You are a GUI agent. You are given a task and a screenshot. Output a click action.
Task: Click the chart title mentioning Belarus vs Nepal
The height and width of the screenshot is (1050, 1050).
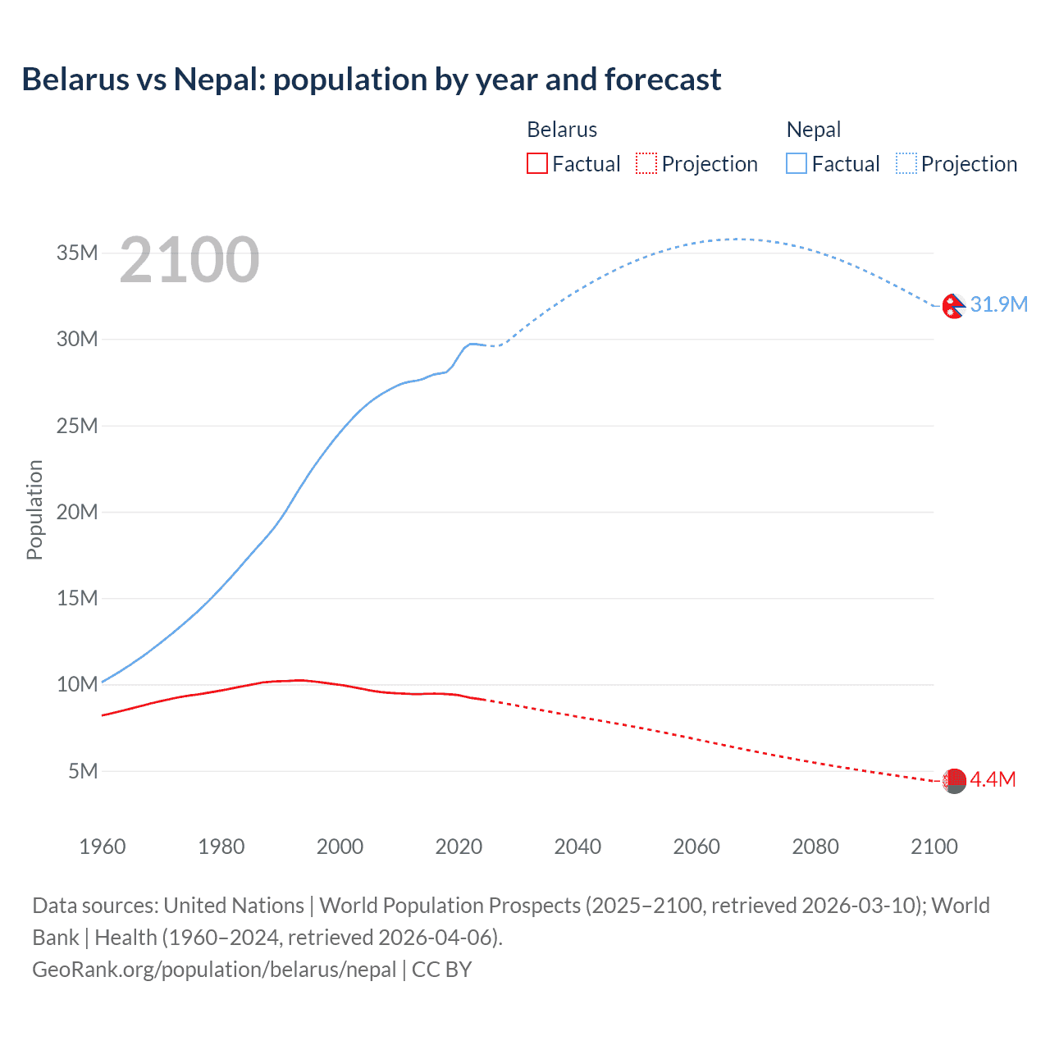tap(371, 80)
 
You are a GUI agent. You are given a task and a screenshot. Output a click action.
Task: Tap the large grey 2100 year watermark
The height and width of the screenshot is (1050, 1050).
tap(189, 260)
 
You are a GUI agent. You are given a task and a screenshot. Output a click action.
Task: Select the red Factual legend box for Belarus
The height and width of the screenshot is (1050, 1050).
tap(536, 163)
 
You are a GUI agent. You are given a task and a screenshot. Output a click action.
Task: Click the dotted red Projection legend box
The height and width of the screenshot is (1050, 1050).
tap(646, 163)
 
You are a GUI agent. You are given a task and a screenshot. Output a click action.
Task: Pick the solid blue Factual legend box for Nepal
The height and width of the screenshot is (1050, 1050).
tap(797, 163)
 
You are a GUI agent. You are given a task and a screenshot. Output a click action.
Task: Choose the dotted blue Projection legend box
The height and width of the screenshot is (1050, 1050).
tap(906, 163)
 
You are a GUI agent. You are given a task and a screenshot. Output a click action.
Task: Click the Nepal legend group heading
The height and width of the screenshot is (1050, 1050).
tap(813, 130)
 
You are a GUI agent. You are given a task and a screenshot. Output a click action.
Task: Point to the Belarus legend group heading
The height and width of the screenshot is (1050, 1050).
tap(562, 130)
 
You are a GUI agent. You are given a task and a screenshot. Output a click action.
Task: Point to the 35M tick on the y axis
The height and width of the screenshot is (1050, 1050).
tap(77, 253)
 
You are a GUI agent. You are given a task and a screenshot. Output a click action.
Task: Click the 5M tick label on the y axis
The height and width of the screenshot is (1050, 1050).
tap(83, 771)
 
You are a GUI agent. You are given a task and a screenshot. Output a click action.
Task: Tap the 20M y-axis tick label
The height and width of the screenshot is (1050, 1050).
tap(77, 512)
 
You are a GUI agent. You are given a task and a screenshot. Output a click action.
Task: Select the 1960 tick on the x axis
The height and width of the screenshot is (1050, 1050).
tap(103, 847)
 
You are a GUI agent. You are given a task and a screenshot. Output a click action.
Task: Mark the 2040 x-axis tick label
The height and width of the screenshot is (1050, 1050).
tap(577, 847)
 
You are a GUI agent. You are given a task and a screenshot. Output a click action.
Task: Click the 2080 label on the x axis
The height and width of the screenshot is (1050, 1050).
tap(815, 847)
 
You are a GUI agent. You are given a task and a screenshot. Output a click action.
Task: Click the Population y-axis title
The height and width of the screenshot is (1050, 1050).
tap(34, 509)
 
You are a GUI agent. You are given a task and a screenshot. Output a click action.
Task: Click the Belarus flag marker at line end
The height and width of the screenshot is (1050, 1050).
tap(954, 781)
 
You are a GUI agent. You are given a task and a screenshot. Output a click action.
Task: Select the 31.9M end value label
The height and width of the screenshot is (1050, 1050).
tap(998, 304)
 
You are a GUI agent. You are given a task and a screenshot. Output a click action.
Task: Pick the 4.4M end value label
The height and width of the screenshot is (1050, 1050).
tap(993, 779)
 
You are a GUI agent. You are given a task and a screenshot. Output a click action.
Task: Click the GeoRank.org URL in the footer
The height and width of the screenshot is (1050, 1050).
tap(214, 970)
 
